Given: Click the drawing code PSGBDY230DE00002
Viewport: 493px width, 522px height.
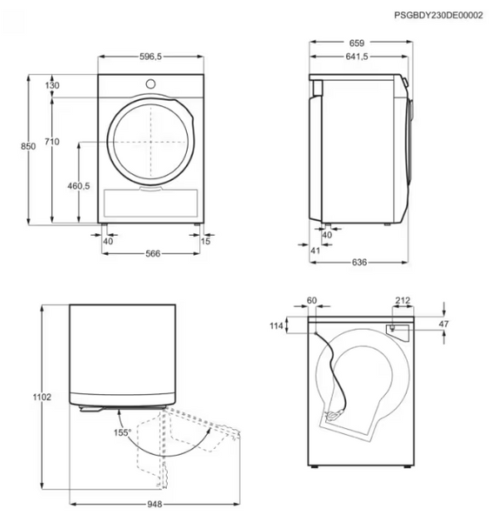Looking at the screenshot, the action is click(x=438, y=16).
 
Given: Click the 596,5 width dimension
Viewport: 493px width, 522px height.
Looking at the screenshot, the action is click(x=150, y=57).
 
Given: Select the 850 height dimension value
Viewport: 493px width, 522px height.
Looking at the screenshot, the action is click(x=29, y=146).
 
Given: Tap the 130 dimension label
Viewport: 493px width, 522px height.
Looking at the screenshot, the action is click(x=52, y=85).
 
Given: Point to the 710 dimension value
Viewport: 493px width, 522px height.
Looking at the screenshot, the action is click(x=52, y=142).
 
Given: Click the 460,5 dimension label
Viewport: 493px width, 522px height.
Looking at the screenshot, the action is click(x=79, y=186).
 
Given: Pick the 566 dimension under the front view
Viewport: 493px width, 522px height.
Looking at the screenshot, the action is click(x=153, y=254).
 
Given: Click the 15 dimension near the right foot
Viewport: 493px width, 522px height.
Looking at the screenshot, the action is click(x=205, y=241).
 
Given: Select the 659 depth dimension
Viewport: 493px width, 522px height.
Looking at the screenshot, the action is click(x=356, y=43).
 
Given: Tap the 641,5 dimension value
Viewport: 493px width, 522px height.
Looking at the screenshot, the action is click(x=356, y=57).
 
